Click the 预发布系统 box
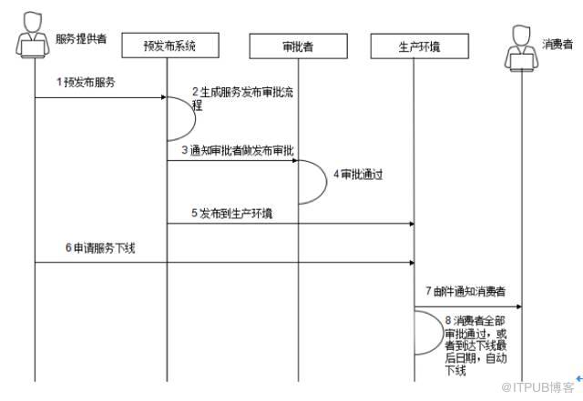[170, 45]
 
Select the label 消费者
[557, 43]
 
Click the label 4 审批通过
[355, 173]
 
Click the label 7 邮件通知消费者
[466, 292]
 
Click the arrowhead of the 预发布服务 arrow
[163, 94]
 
